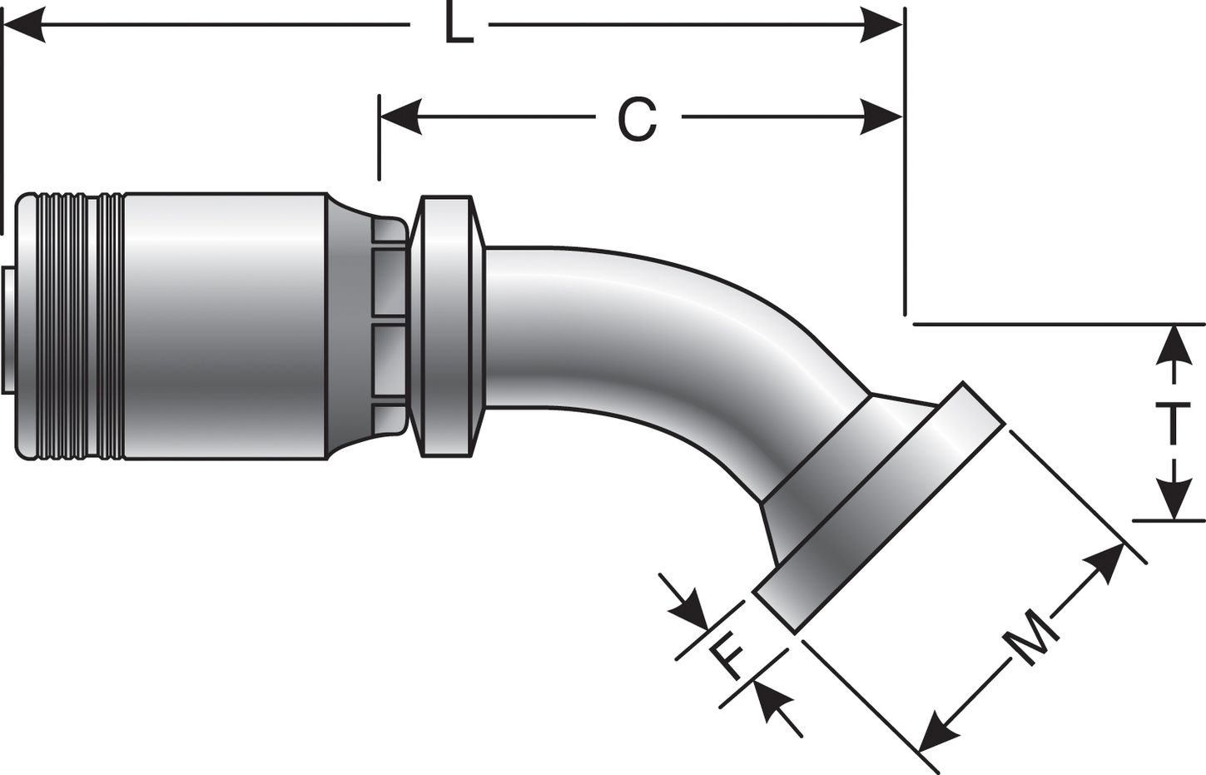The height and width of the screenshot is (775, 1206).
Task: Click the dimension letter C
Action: (x=638, y=119)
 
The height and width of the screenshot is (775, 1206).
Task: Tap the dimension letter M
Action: (x=1030, y=637)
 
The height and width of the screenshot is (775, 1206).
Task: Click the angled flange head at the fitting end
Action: (x=874, y=508)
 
